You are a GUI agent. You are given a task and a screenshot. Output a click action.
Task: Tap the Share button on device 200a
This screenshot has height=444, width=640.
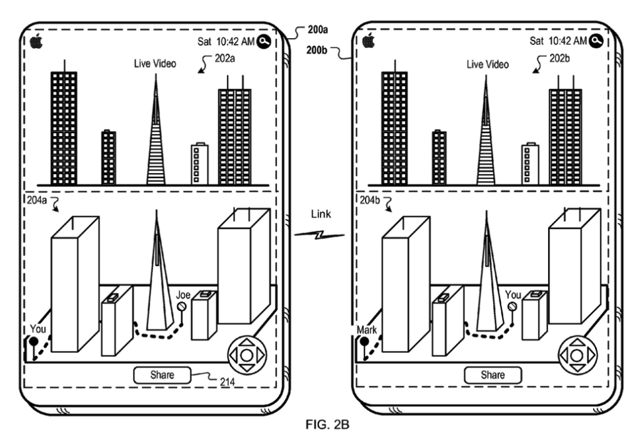tap(162, 375)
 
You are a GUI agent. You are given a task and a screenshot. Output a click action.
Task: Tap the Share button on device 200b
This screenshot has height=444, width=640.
tap(492, 375)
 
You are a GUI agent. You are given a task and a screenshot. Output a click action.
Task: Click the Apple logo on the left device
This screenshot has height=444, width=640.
tap(36, 41)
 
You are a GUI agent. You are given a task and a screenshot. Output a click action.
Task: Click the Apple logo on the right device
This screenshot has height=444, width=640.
tap(367, 41)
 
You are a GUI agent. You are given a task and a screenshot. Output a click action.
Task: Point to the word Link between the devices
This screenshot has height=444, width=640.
tap(321, 214)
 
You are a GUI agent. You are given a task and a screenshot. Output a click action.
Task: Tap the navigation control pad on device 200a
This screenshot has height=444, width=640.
tap(246, 355)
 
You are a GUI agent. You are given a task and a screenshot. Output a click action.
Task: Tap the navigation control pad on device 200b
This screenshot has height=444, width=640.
tap(577, 355)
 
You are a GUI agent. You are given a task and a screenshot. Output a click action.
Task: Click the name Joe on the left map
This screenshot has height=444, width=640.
tap(182, 294)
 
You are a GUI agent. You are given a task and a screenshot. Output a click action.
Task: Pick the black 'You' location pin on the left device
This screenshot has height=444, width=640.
tap(31, 343)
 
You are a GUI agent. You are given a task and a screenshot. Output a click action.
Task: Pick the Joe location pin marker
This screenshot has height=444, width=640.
tap(182, 307)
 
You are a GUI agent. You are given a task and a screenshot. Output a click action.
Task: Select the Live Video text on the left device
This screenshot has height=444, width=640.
tap(155, 64)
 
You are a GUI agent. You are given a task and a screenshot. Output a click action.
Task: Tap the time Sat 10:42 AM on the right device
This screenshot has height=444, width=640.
tap(558, 41)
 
